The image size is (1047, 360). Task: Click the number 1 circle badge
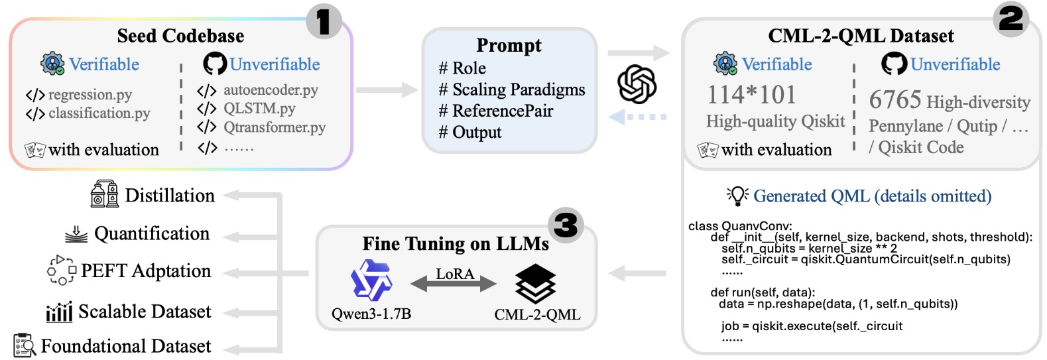point(324,21)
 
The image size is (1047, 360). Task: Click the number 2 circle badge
point(1011,19)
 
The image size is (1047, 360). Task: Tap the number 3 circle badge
point(566,225)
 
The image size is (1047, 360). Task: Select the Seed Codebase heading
point(180,36)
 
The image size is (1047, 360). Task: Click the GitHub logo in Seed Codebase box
point(215,64)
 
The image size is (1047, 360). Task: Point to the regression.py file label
point(90,95)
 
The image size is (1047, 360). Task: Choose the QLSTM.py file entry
point(259,108)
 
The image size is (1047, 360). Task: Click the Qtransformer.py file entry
point(274,127)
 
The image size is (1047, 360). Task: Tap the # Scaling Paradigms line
point(511,90)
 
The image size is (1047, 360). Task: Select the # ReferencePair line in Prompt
point(495,111)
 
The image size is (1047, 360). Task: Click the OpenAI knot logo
point(637,84)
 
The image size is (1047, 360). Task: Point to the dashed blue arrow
point(637,117)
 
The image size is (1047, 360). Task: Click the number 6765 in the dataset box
point(895,100)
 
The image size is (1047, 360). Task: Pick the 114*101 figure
point(751,95)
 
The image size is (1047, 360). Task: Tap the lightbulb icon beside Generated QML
point(737,196)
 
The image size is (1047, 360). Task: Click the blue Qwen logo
point(371,280)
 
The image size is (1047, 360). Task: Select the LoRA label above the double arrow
point(454,273)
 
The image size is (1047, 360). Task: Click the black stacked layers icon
point(535,283)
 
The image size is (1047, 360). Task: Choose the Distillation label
point(170,196)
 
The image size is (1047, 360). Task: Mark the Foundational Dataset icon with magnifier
point(25,345)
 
